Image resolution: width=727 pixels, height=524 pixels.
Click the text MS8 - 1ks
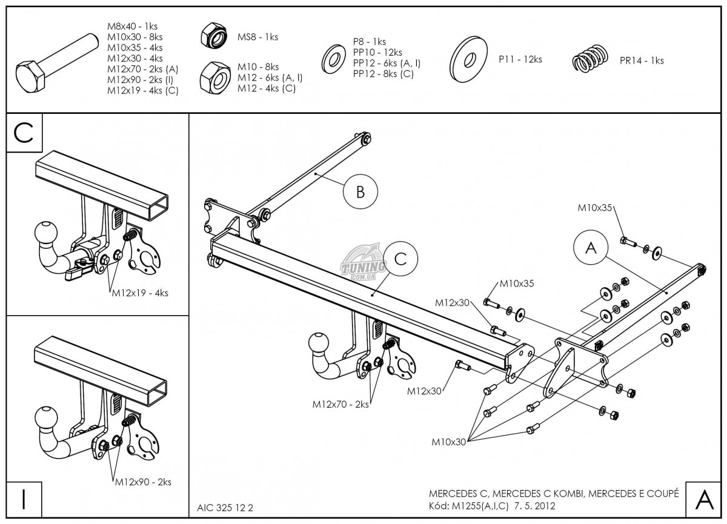click(x=257, y=37)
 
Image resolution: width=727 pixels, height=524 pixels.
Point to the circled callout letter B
click(x=360, y=192)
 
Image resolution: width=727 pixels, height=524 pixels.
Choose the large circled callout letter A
click(x=591, y=248)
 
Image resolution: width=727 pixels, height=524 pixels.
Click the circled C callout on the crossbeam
click(x=400, y=259)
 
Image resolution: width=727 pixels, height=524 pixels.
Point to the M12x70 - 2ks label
click(x=340, y=404)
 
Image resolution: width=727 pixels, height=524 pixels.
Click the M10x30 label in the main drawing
click(x=449, y=442)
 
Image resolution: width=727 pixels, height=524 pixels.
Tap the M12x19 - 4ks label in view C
click(x=140, y=293)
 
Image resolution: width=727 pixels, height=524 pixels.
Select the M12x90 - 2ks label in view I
click(x=143, y=482)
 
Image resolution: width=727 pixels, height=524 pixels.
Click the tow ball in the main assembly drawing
click(x=319, y=343)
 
